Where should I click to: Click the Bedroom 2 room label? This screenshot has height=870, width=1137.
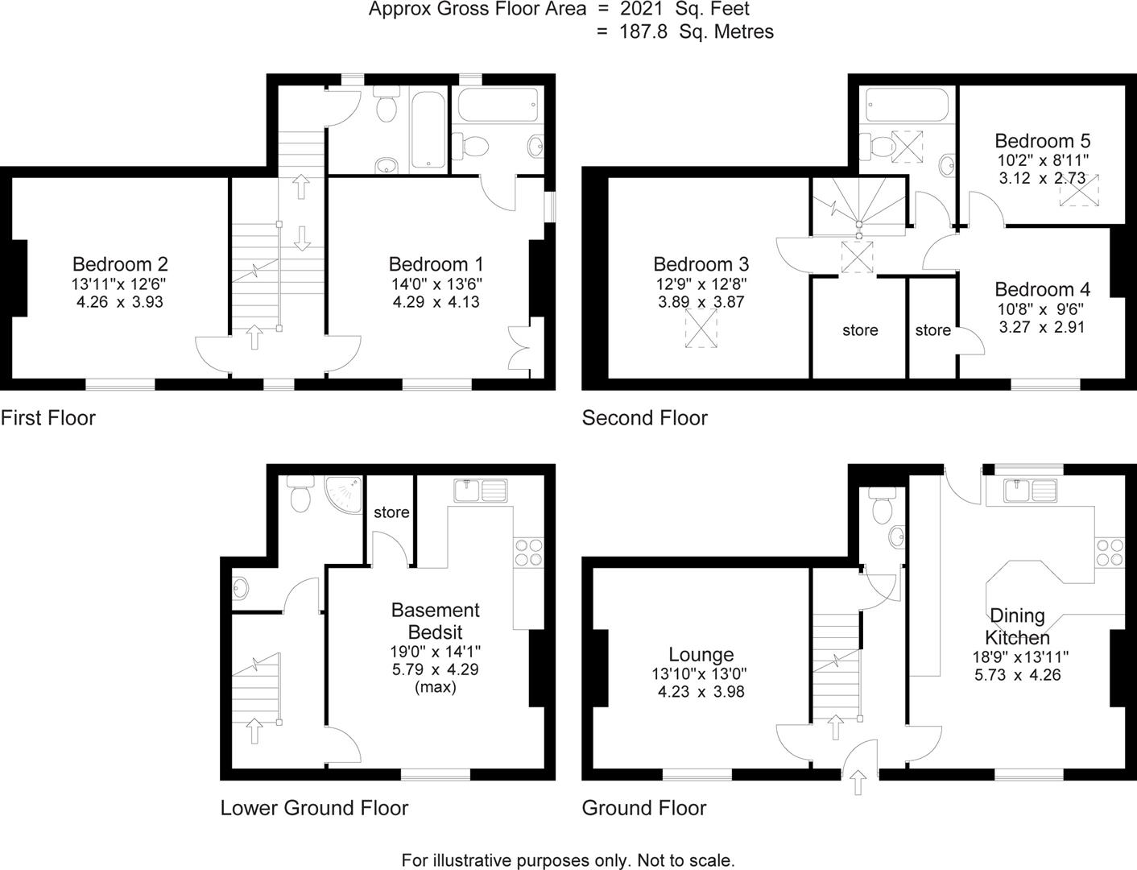click(120, 264)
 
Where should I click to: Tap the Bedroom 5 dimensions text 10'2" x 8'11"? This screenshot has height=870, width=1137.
click(1042, 159)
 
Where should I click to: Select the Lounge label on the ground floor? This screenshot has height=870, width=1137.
click(701, 655)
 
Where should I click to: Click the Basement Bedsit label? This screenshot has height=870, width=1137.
click(435, 621)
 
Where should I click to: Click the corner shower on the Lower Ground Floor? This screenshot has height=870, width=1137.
click(345, 491)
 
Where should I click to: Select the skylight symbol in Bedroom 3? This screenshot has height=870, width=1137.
click(701, 330)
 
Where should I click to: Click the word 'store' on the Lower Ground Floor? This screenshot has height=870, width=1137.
click(391, 512)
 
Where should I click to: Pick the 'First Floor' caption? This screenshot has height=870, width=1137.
click(48, 418)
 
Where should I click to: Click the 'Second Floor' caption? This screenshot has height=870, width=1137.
click(644, 418)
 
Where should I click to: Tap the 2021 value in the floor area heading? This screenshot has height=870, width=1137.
click(642, 10)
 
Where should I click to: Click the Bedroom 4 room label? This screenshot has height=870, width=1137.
click(1042, 289)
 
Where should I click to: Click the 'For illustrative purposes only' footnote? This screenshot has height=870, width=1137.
click(568, 860)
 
